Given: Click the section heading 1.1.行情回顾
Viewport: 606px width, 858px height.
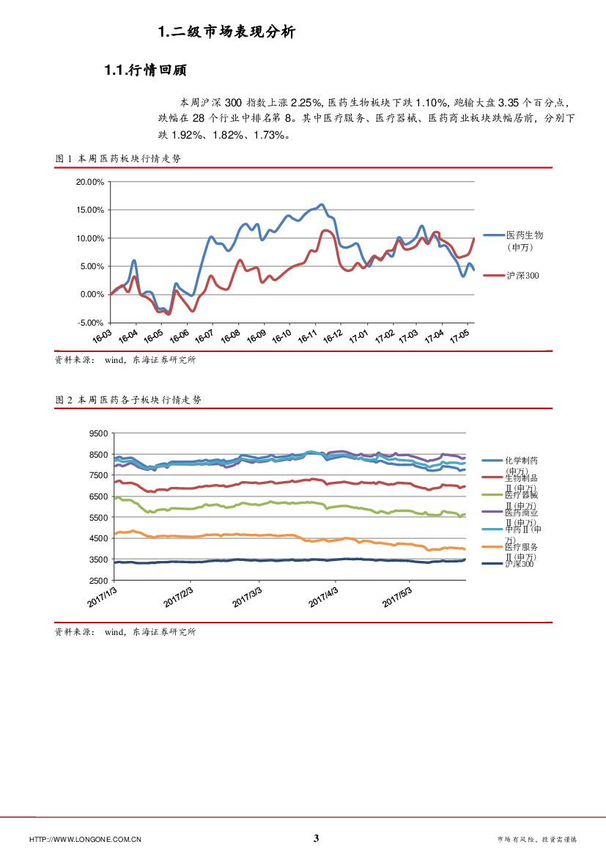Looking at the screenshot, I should pyautogui.click(x=146, y=70).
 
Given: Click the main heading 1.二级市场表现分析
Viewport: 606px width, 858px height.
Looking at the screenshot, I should pyautogui.click(x=226, y=32).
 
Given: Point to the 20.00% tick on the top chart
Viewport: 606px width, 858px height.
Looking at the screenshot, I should pyautogui.click(x=90, y=182).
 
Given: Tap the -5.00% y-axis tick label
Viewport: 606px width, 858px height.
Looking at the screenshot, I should pyautogui.click(x=90, y=323).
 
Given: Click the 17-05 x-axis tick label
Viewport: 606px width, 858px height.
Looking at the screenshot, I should pyautogui.click(x=459, y=337).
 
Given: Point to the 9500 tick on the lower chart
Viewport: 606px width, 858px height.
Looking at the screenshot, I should pyautogui.click(x=97, y=433).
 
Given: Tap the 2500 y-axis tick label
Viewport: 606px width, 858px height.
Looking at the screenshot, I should pyautogui.click(x=97, y=580).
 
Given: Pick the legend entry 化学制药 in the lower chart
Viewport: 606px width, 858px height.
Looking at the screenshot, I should pyautogui.click(x=521, y=461).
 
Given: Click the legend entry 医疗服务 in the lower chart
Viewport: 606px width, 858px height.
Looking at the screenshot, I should pyautogui.click(x=521, y=547).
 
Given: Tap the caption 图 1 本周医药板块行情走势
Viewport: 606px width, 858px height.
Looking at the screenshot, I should pyautogui.click(x=117, y=158).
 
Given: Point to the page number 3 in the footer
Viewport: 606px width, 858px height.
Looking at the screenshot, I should pyautogui.click(x=316, y=838).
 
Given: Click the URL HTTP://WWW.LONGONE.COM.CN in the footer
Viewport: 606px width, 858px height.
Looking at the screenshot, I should pyautogui.click(x=85, y=839).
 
